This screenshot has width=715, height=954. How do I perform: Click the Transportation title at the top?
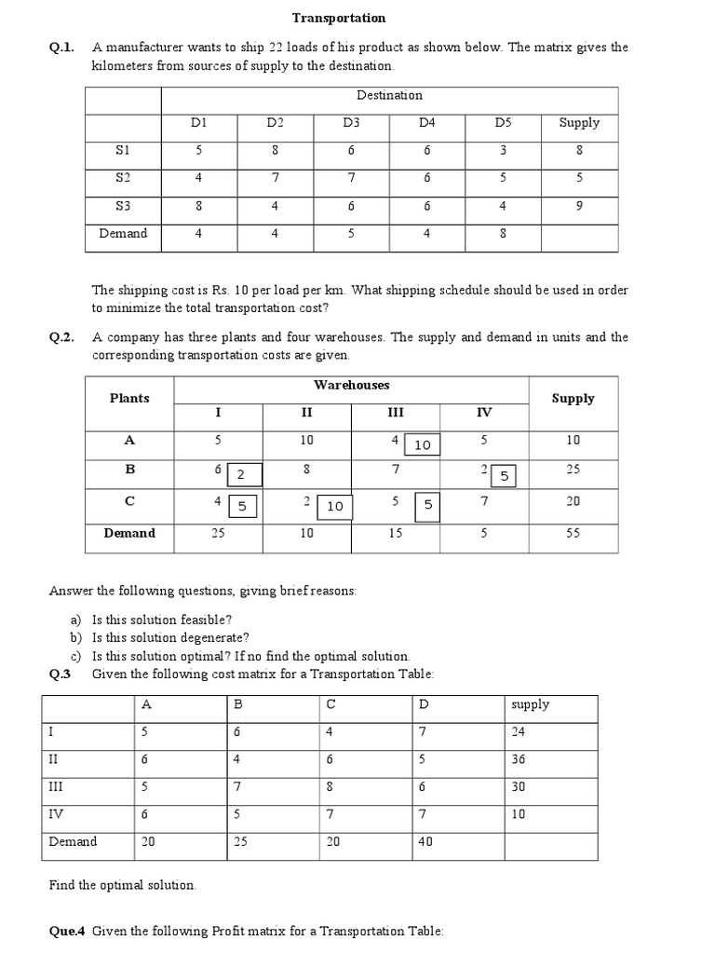pyautogui.click(x=339, y=18)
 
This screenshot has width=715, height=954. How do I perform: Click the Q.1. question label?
pyautogui.click(x=61, y=48)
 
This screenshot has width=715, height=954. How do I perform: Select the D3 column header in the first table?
pyautogui.click(x=351, y=123)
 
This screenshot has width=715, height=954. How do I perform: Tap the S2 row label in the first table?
pyautogui.click(x=123, y=177)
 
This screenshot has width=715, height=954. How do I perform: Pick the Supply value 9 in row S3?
pyautogui.click(x=579, y=206)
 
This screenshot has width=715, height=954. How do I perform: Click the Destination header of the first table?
pyautogui.click(x=389, y=95)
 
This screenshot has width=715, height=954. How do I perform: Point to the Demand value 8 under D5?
pyautogui.click(x=503, y=234)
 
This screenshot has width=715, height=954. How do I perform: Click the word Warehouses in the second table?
pyautogui.click(x=352, y=385)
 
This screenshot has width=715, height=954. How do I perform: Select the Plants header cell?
pyautogui.click(x=129, y=398)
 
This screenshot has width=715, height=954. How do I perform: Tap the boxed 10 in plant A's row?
pyautogui.click(x=423, y=445)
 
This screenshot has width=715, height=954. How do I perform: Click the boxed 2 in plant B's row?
pyautogui.click(x=241, y=475)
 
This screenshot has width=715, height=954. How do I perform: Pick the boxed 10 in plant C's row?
pyautogui.click(x=335, y=506)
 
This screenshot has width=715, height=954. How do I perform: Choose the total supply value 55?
pyautogui.click(x=573, y=534)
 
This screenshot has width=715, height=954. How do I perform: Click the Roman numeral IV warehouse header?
pyautogui.click(x=484, y=413)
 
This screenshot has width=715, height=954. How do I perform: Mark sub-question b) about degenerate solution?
pyautogui.click(x=170, y=638)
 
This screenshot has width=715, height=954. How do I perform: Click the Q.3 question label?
pyautogui.click(x=61, y=675)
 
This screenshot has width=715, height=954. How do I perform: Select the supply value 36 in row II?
pyautogui.click(x=519, y=759)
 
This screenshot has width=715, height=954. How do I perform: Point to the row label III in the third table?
pyautogui.click(x=57, y=786)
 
